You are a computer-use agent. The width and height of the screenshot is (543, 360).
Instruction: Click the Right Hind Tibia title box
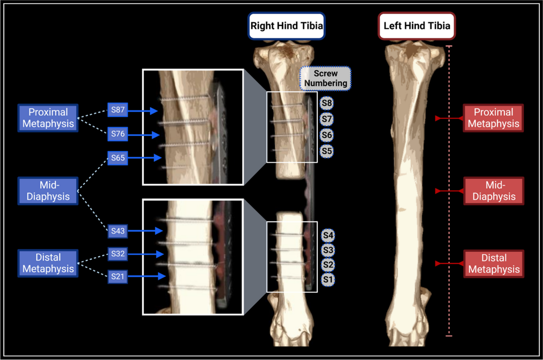click(x=286, y=25)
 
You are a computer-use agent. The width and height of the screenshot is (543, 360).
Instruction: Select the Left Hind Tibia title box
click(x=416, y=25)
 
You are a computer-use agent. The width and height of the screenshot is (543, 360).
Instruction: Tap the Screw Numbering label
click(x=325, y=78)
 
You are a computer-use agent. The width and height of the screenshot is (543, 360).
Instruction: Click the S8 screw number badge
click(x=326, y=103)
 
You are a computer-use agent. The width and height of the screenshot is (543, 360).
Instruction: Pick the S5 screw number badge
click(x=326, y=151)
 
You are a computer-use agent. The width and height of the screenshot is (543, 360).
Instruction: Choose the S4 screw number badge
click(x=328, y=235)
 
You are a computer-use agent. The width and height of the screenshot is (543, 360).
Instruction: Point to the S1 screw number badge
click(x=328, y=280)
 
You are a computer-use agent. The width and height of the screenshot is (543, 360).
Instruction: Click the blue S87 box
click(x=118, y=110)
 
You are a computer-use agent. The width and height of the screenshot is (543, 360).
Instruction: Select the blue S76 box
click(x=118, y=134)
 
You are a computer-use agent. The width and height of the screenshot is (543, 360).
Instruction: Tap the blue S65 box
click(x=118, y=158)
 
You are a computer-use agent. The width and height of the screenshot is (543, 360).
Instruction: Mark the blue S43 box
click(x=118, y=231)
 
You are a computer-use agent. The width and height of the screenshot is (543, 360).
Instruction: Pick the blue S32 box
click(x=118, y=254)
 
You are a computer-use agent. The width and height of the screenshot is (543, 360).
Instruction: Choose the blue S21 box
click(x=118, y=276)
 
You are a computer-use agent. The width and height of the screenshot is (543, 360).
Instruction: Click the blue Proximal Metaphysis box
click(x=48, y=118)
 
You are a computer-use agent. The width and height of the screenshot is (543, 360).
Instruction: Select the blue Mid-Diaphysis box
click(x=48, y=191)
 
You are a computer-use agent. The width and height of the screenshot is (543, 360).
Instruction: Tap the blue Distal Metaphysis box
click(x=48, y=263)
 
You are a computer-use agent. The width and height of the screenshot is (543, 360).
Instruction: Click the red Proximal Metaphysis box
click(x=493, y=118)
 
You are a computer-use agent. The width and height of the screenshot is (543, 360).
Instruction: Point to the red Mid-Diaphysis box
click(x=493, y=191)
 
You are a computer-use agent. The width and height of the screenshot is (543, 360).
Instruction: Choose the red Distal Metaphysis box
click(x=493, y=264)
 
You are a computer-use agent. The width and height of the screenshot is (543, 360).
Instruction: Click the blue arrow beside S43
click(x=145, y=231)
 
